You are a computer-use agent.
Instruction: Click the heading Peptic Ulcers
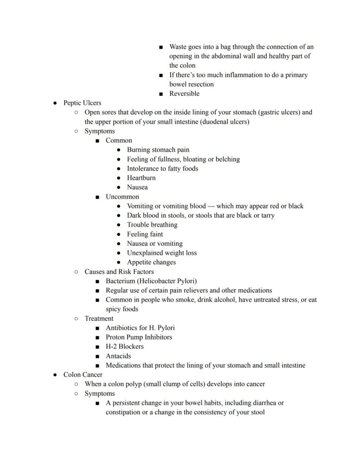point(82,103)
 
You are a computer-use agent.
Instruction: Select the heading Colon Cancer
point(83,375)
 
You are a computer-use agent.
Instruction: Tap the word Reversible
point(184,94)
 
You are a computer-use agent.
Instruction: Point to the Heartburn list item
point(141,178)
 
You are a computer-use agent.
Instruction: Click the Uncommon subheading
point(122,197)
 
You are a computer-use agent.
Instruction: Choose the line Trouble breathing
point(152,225)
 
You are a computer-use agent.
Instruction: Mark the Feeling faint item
point(145,234)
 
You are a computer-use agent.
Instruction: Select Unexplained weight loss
point(162,253)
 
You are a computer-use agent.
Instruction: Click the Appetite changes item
point(151,262)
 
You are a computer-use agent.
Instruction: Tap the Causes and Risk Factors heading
point(119,272)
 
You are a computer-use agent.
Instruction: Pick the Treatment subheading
point(99,318)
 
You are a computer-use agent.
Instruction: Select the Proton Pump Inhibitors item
point(139,337)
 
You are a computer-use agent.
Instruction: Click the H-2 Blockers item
point(124,347)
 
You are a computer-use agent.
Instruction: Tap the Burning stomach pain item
point(158,150)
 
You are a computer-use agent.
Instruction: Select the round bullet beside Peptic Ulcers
point(55,104)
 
